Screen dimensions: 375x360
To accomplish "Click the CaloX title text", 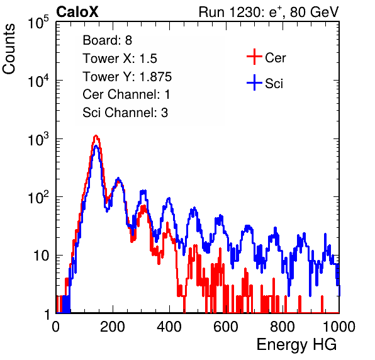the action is click(x=77, y=12).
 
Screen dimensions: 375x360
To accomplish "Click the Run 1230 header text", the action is click(x=269, y=12).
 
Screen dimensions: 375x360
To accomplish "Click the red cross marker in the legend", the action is click(x=254, y=57).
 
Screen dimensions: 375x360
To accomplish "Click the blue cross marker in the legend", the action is click(x=254, y=82).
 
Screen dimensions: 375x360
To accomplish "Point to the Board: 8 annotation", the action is click(x=108, y=40).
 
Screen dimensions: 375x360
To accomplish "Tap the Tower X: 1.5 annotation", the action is click(x=120, y=59).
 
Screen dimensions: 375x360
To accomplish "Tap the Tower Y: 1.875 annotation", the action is click(x=127, y=77).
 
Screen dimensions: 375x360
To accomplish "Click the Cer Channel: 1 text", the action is click(x=126, y=94).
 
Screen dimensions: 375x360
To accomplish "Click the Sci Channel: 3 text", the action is click(x=125, y=113).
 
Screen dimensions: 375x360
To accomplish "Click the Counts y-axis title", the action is click(x=9, y=49).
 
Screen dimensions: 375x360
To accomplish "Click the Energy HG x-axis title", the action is click(x=296, y=344).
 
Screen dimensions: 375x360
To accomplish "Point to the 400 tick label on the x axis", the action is click(x=169, y=327).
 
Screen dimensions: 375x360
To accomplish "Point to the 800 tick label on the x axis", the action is click(x=283, y=327).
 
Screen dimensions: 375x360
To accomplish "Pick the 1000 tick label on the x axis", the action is click(x=339, y=327).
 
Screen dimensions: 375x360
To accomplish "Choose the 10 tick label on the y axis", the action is click(x=42, y=256).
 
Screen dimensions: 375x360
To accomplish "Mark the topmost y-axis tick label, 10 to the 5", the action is click(x=38, y=23).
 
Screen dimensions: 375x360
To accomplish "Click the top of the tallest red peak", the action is click(x=96, y=135).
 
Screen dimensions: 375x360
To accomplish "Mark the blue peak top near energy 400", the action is click(x=169, y=198).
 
